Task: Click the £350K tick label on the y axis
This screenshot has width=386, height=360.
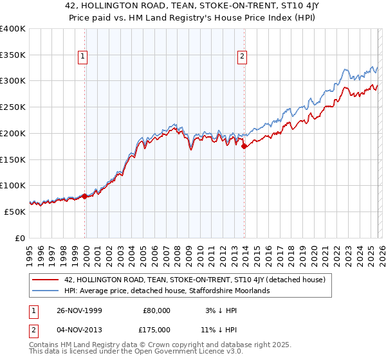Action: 13,55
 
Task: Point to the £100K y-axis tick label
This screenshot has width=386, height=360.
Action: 13,186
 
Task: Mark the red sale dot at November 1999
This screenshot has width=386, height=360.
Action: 85,196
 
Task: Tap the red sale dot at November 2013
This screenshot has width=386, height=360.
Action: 244,147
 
